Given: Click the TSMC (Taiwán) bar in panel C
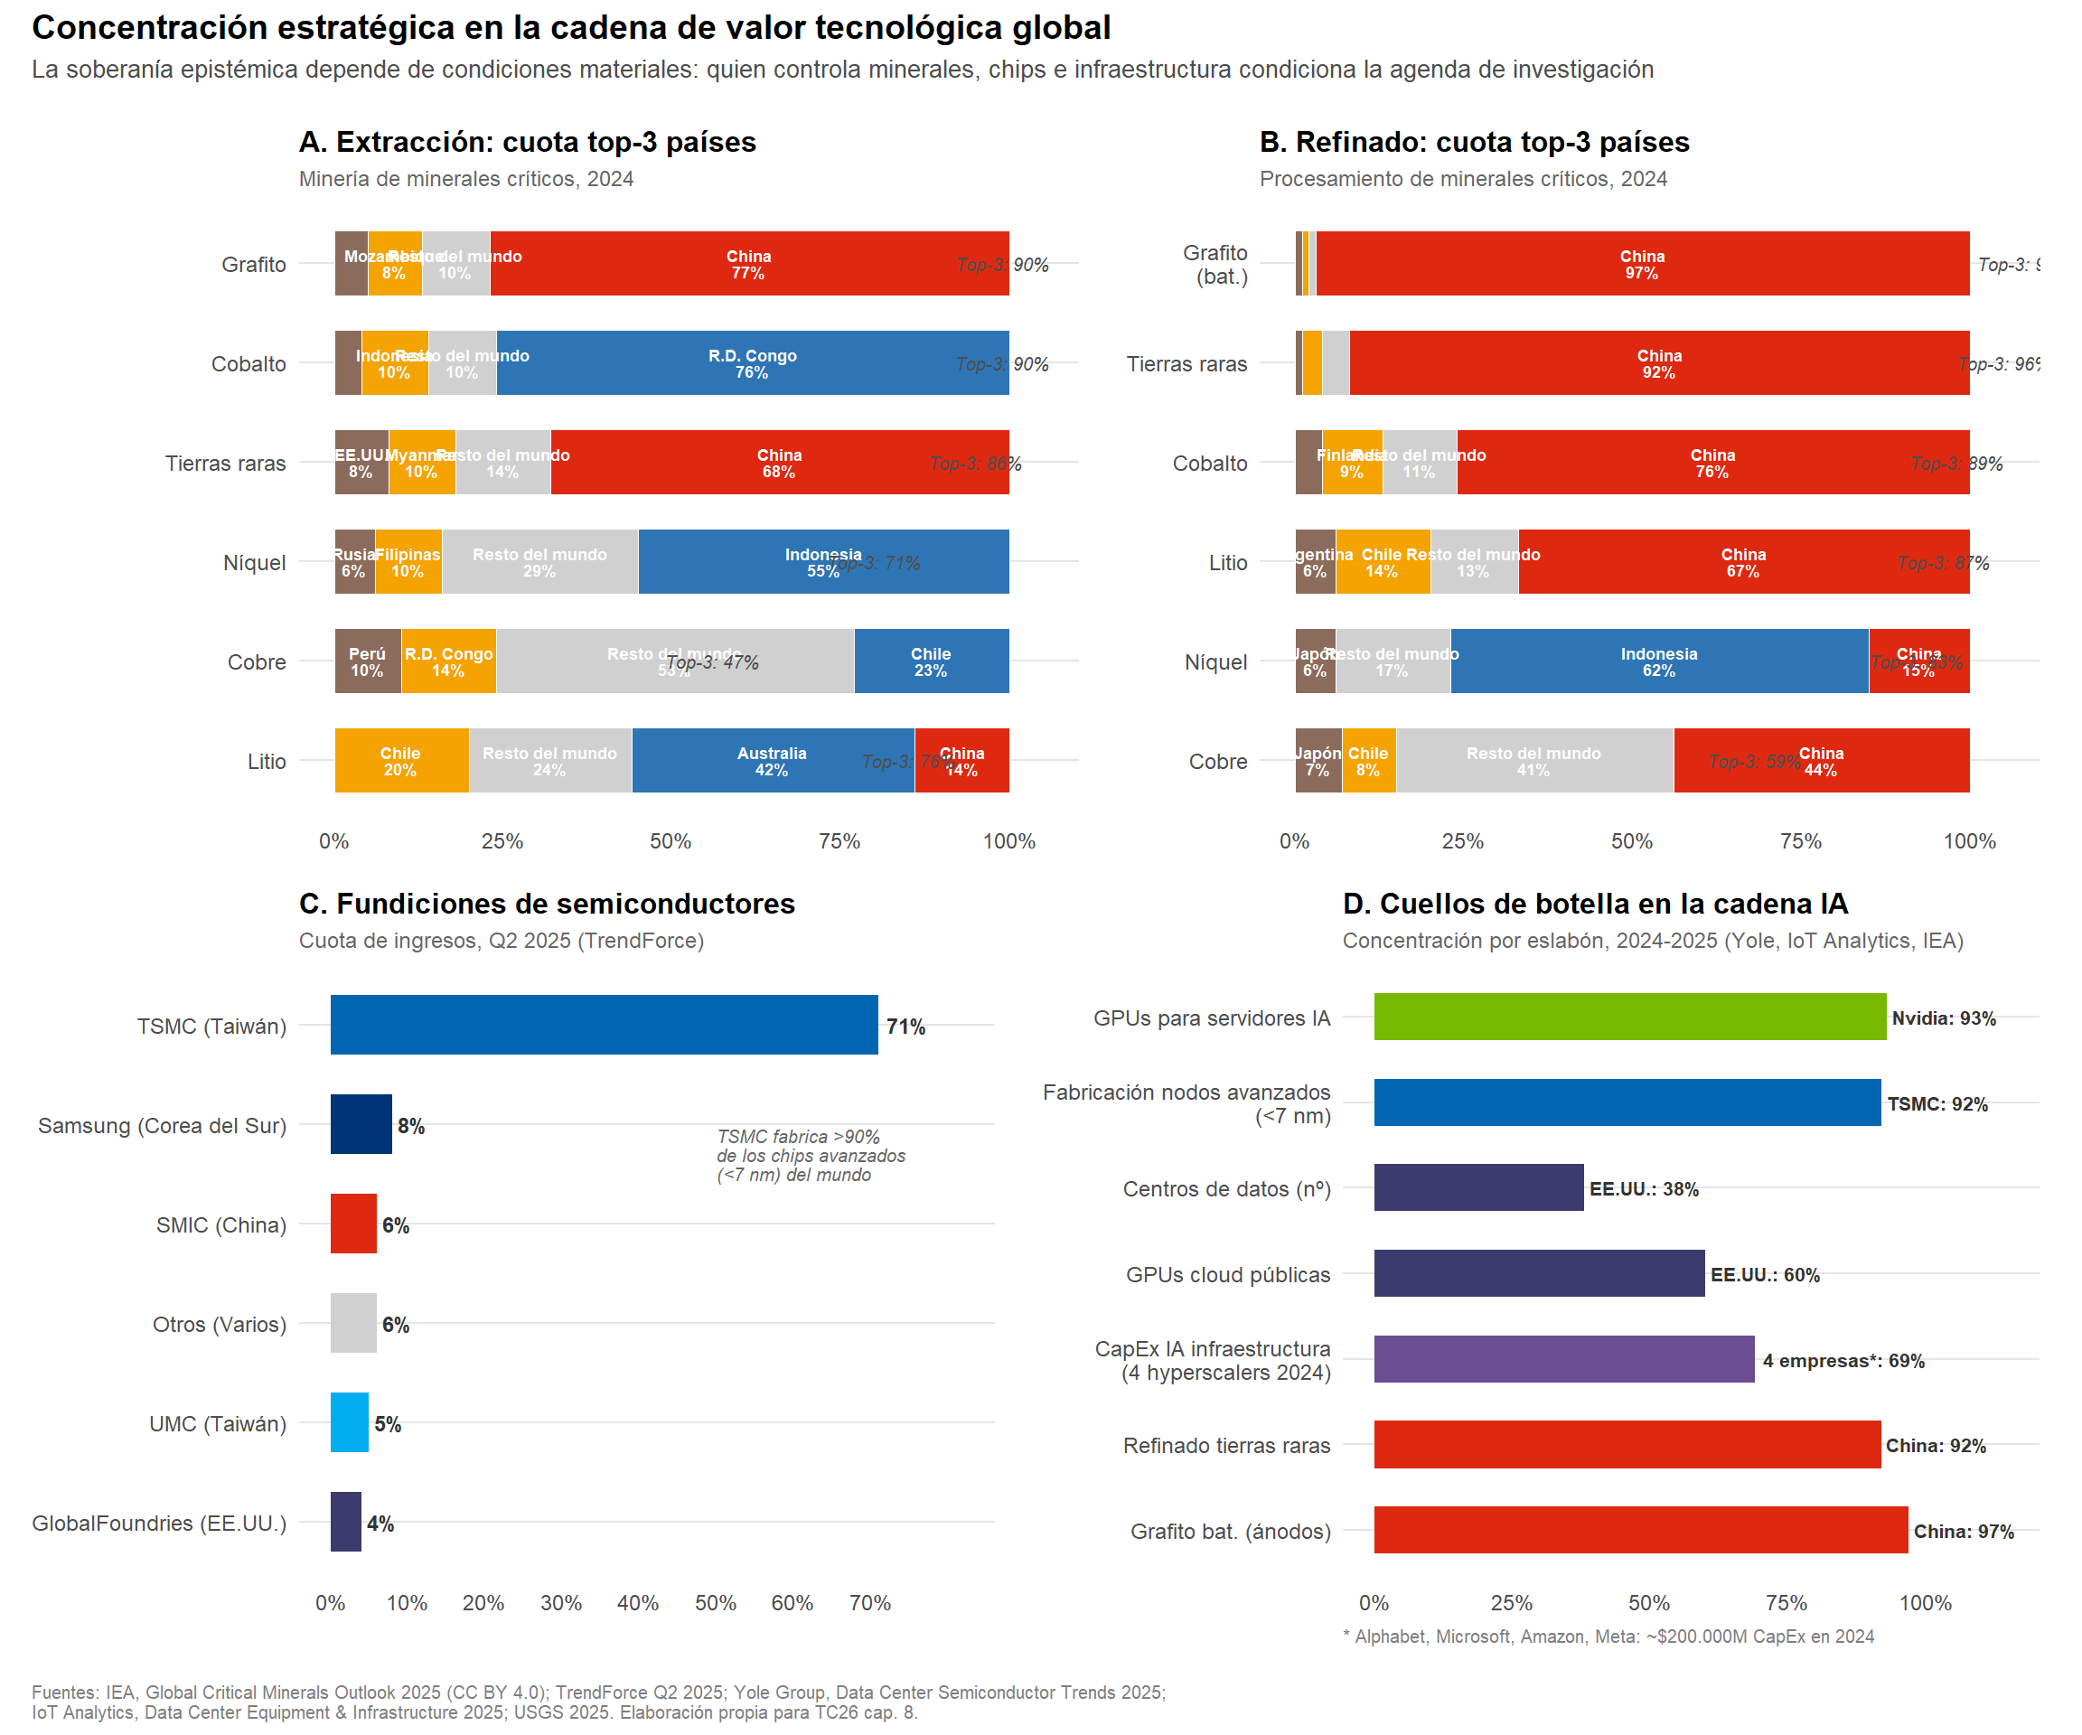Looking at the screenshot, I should (x=604, y=1025).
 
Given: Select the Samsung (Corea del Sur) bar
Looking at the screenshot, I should (x=361, y=1124).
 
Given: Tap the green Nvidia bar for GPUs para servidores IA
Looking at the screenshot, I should (x=1629, y=1018).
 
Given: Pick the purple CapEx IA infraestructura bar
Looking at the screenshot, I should (x=1563, y=1359).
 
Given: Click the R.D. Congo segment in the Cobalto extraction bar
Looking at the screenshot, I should (x=753, y=363).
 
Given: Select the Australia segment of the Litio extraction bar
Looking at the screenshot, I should (x=773, y=761).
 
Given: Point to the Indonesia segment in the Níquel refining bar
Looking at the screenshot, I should (x=1659, y=661).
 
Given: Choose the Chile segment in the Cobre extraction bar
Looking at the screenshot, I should (x=931, y=661).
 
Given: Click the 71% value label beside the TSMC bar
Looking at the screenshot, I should (x=905, y=1027).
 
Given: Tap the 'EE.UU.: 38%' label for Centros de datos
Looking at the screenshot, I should (x=1644, y=1188).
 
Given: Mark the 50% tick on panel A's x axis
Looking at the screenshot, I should (x=671, y=840).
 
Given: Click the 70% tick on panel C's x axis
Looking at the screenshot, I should (x=869, y=1603).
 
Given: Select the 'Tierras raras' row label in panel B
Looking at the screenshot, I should (x=1186, y=364).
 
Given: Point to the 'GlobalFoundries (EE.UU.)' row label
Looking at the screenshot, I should (x=159, y=1523).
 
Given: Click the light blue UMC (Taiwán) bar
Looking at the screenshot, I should (x=349, y=1422).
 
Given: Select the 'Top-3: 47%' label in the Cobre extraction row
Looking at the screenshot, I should (x=712, y=662).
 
